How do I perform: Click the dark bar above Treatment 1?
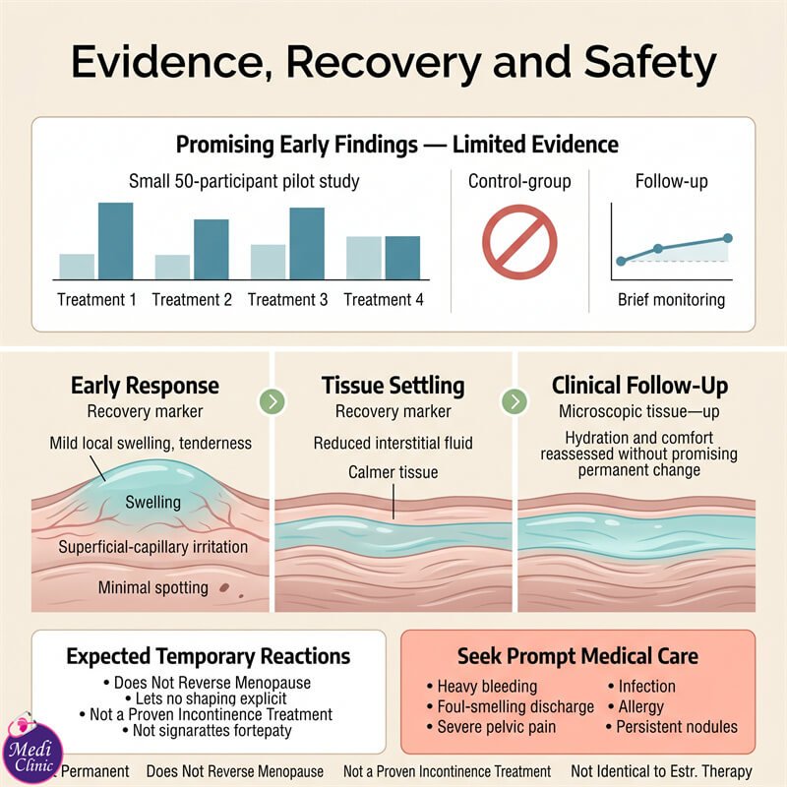115,241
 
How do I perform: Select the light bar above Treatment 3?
268,262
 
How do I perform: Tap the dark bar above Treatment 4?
402,258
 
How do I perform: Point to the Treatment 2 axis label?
192,300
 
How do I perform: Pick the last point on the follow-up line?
728,238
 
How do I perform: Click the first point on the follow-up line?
621,261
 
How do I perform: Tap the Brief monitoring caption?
671,300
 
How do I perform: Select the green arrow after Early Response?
272,401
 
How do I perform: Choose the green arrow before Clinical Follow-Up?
515,401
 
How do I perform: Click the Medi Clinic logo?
32,750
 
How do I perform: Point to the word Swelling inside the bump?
153,502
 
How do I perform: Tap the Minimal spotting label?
153,587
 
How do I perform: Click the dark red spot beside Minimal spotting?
224,587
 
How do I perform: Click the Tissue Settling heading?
393,386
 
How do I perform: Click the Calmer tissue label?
393,472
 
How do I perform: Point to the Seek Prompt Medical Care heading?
577,656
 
